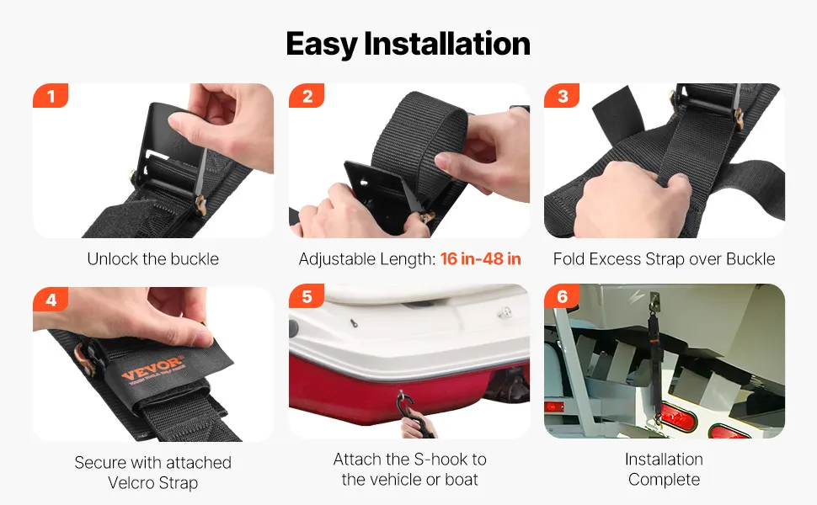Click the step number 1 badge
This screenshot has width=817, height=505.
(x=51, y=96)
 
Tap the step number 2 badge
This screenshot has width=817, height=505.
(x=307, y=96)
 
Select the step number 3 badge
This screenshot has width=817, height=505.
(x=562, y=96)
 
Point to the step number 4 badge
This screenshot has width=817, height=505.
(x=51, y=300)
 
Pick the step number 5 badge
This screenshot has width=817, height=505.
(x=307, y=296)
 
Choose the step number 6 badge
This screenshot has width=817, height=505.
(x=562, y=296)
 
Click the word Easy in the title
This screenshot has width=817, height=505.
(x=322, y=44)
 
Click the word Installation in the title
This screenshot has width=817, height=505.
(x=447, y=43)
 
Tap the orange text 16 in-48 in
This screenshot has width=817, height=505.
(x=480, y=258)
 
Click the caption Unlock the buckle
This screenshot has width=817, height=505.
(x=152, y=258)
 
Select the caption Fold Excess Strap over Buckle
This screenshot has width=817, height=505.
(x=664, y=258)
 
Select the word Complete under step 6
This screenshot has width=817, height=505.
(x=664, y=480)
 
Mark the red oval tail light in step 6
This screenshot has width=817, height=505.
(x=679, y=417)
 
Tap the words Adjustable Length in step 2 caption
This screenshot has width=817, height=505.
(x=367, y=258)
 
